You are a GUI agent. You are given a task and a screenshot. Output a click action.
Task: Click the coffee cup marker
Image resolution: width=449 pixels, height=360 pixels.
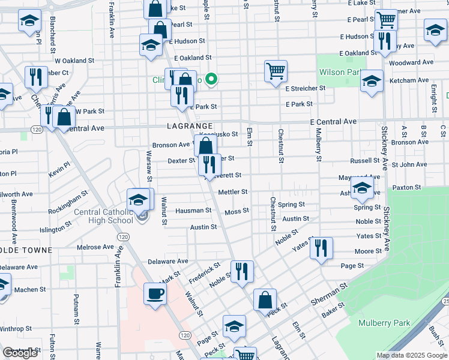point(155,294)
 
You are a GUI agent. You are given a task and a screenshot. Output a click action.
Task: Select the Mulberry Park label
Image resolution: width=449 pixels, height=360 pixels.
point(384,323)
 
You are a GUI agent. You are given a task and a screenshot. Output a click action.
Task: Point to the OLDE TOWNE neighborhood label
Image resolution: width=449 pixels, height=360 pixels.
point(26,250)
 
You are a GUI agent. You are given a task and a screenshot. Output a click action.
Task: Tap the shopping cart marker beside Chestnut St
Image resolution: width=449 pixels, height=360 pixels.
point(276,71)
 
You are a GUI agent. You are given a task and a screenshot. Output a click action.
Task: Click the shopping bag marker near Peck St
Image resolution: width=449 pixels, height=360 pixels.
point(265,299)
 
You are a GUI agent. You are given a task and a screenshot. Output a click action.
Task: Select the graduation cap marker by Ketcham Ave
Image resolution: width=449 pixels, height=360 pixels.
point(372,81)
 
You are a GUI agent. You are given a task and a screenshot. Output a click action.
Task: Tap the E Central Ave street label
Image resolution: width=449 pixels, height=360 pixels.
point(334,121)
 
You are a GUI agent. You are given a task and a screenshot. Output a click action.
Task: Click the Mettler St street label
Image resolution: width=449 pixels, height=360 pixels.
point(233,192)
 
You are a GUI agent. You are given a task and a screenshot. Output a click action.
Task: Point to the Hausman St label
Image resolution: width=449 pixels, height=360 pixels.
point(193,211)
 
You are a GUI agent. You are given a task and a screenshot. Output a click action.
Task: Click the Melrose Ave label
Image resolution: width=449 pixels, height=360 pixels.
point(95,247)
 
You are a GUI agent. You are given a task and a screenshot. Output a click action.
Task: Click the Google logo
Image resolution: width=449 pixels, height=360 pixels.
point(20,353)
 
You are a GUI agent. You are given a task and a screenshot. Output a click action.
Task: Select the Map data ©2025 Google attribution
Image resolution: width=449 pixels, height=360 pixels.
point(411,355)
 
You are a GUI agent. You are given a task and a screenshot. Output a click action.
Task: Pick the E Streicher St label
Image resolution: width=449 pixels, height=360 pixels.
point(305,88)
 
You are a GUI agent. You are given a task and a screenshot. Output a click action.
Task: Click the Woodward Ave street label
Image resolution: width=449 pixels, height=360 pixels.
point(411,62)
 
